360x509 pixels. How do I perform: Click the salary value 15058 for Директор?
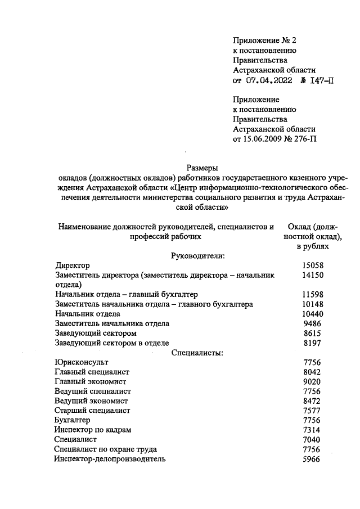click(x=313, y=265)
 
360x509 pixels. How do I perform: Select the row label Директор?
click(x=73, y=265)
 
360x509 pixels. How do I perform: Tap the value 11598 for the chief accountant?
click(x=313, y=294)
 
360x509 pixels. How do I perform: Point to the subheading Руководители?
click(x=197, y=255)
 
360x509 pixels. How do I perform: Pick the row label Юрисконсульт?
click(x=82, y=362)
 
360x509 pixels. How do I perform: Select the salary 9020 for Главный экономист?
click(x=313, y=381)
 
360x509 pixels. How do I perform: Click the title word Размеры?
click(x=202, y=167)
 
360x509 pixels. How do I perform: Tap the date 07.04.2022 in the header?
click(x=269, y=80)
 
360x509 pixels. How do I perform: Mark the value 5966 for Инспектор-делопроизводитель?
click(x=313, y=459)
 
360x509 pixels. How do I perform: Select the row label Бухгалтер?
click(x=73, y=420)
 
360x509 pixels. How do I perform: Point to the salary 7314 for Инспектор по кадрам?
click(x=313, y=430)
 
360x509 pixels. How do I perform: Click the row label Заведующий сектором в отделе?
click(x=112, y=343)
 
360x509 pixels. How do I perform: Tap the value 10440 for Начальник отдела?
click(x=313, y=313)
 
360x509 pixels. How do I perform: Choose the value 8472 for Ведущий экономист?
click(x=313, y=401)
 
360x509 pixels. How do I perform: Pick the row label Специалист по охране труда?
click(x=105, y=449)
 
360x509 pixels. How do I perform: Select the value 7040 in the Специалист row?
click(x=313, y=439)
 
